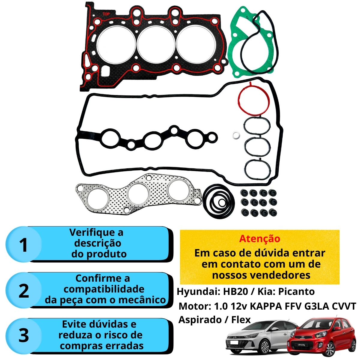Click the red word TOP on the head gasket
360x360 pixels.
point(106,14)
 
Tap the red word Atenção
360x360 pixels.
point(259,239)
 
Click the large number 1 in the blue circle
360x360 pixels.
point(23,245)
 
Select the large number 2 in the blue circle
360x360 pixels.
point(24,291)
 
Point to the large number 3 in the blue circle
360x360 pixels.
point(24,335)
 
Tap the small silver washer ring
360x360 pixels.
point(236,135)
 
